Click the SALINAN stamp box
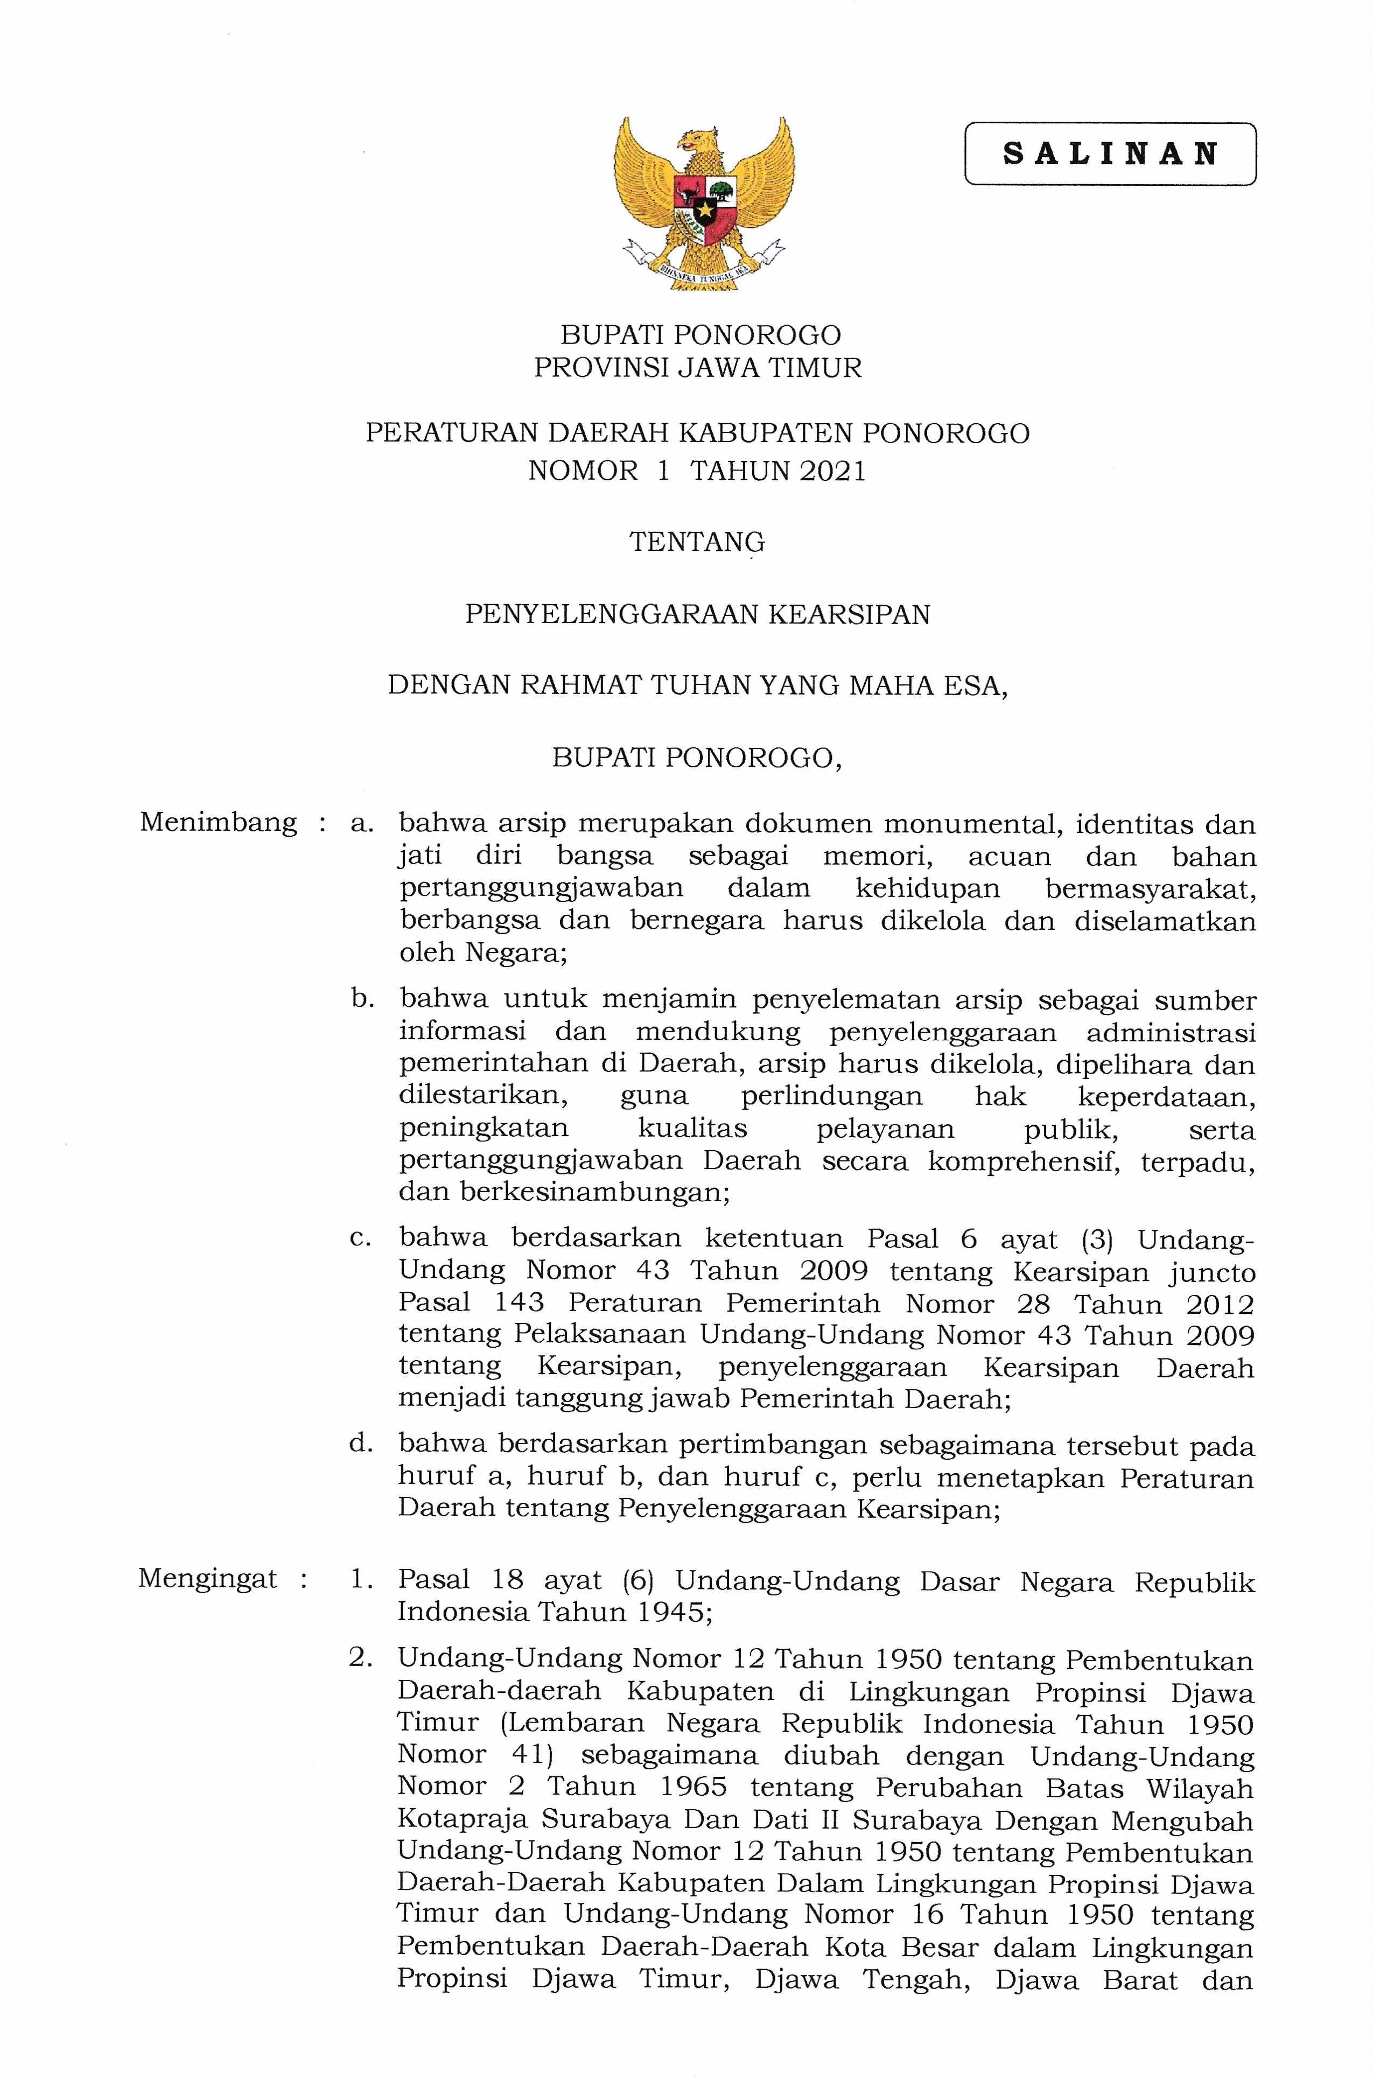(1110, 154)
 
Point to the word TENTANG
(697, 543)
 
